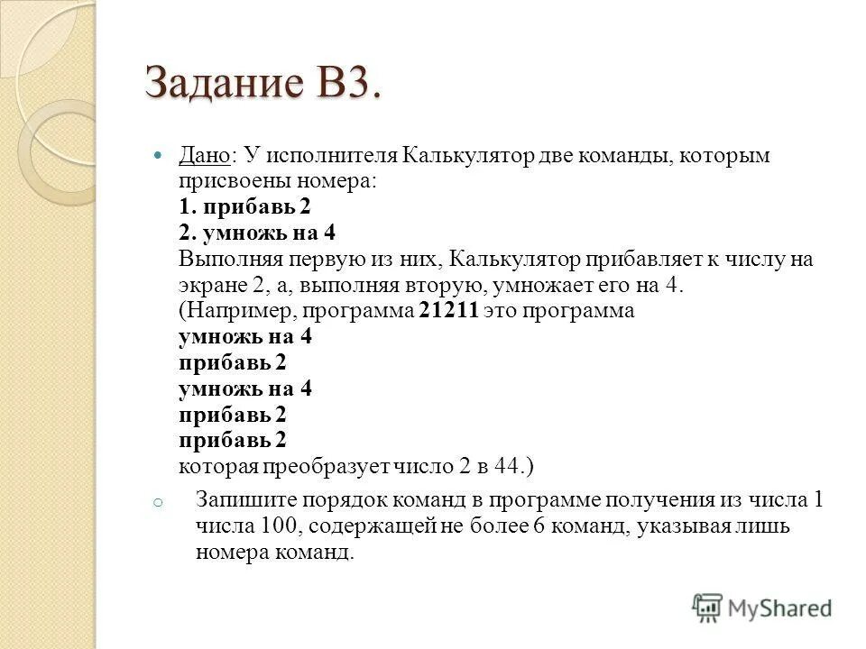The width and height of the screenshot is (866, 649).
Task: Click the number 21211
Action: coord(451,311)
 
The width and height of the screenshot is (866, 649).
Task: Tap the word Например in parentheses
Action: coord(241,311)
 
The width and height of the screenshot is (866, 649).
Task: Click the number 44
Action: coord(509,466)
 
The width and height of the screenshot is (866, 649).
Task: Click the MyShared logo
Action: coord(763,608)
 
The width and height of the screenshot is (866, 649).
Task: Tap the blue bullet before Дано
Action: coord(160,156)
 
